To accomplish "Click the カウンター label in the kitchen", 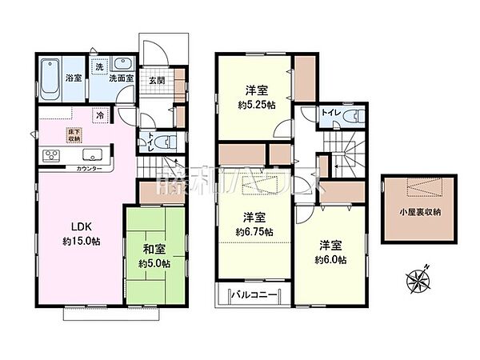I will click(89, 170).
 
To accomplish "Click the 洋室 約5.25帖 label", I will click(255, 97).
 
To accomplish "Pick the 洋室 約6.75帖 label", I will click(255, 222).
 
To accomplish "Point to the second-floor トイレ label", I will click(329, 114).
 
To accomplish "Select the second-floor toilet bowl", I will click(350, 116).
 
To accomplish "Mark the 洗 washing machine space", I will click(99, 69).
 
